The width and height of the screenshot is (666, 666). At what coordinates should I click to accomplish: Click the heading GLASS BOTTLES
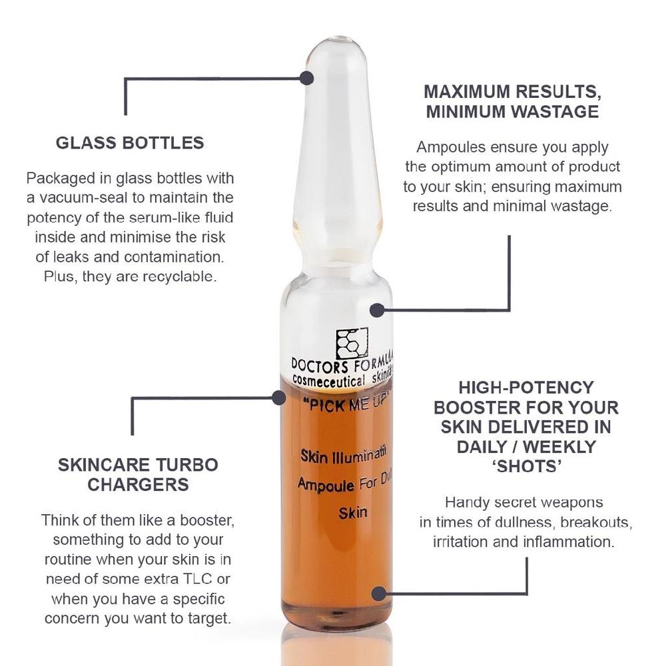coord(130,143)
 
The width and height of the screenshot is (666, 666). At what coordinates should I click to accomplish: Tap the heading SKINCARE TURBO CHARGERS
coord(138,474)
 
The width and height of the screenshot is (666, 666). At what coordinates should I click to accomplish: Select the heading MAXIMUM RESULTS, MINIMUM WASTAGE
coord(512,101)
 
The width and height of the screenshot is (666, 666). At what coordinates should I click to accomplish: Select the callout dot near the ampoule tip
coord(306,78)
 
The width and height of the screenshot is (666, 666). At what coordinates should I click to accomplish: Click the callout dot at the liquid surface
coord(279,398)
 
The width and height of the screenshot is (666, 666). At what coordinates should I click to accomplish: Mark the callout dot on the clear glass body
coord(377,310)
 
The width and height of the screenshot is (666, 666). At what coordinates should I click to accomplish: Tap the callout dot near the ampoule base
coord(379,593)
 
